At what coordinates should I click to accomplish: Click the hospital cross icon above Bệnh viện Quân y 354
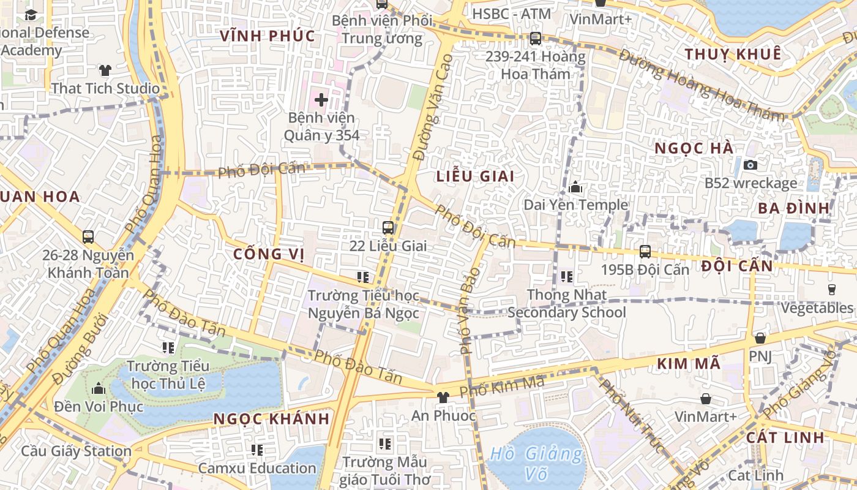321,99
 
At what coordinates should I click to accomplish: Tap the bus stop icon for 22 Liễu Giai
388,228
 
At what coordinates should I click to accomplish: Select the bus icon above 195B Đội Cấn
645,251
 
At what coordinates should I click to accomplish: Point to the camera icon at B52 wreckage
750,165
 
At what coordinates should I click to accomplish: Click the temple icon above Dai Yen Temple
575,187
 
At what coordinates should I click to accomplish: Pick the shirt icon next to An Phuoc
443,398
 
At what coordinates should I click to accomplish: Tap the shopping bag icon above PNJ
760,338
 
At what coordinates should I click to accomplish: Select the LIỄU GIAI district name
475,176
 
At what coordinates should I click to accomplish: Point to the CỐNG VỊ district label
269,254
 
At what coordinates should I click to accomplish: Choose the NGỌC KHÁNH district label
271,420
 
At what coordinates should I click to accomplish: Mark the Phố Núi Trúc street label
631,416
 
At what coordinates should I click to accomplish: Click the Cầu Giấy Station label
77,451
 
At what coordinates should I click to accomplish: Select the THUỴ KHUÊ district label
733,54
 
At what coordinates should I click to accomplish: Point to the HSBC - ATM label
512,13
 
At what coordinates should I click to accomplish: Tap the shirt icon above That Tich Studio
105,70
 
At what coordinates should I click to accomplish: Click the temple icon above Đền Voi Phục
99,388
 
